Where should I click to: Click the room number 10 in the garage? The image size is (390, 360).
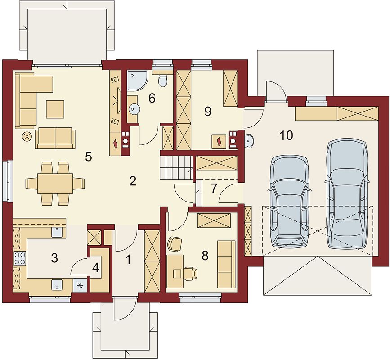tap(286, 135)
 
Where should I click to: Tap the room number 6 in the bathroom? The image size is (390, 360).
tap(152, 99)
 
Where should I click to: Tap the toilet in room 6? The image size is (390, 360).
tap(163, 81)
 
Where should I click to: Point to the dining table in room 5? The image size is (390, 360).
tap(55, 184)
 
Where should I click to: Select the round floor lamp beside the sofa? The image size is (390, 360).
tap(27, 137)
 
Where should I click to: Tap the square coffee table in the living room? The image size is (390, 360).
tap(55, 108)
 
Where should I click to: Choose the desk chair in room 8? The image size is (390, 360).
tap(189, 273)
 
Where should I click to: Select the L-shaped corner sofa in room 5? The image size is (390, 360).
tap(30, 97)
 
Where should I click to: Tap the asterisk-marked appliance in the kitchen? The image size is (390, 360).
tap(81, 285)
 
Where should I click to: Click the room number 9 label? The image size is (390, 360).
tap(207, 112)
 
